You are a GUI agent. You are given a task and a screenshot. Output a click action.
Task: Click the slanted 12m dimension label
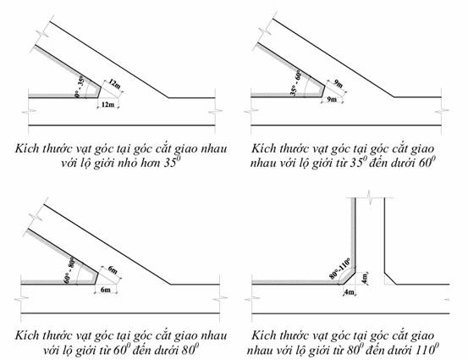[114, 84]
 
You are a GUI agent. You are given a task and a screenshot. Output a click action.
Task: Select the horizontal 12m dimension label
[107, 104]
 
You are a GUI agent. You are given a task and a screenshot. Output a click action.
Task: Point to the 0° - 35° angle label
[80, 87]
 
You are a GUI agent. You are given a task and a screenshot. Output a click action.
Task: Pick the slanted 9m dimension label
[339, 84]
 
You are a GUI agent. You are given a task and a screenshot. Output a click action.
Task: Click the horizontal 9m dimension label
[331, 99]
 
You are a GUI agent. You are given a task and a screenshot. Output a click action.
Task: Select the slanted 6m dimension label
[113, 269]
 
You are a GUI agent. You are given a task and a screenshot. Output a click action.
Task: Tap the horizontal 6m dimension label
[105, 290]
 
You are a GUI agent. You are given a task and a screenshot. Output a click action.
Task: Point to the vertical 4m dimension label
[365, 278]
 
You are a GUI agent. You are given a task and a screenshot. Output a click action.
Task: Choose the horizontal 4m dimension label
[350, 292]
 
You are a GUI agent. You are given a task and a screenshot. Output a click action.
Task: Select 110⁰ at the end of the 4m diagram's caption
[427, 349]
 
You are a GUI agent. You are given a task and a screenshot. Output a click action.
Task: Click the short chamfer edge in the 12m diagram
[99, 91]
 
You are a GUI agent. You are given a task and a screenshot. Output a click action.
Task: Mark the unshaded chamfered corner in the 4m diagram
[390, 279]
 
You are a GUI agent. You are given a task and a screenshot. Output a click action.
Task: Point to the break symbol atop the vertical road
[370, 197]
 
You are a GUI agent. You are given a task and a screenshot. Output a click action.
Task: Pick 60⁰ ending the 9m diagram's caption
[426, 163]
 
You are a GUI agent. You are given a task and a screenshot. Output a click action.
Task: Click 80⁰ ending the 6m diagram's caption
[190, 349]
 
